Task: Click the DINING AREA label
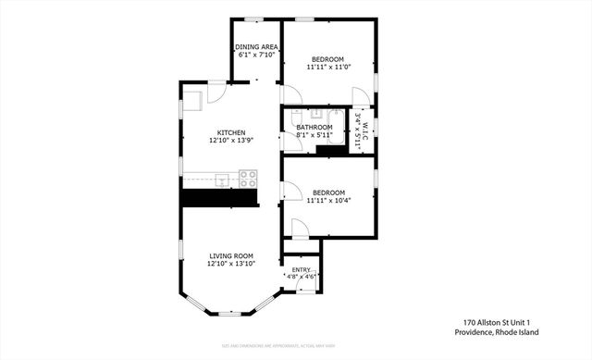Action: point(256,46)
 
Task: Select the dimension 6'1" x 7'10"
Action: point(256,55)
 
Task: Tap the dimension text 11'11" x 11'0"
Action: point(329,67)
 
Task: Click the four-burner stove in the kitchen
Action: point(248,178)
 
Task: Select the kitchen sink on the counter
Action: point(223,178)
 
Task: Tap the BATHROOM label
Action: point(314,127)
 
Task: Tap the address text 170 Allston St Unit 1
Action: point(503,322)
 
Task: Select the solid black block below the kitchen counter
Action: point(218,197)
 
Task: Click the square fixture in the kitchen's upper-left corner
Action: point(193,101)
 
